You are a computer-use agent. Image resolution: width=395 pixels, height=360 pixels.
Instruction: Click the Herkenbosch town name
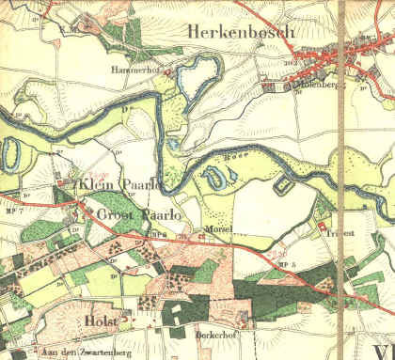[x=243, y=31]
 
